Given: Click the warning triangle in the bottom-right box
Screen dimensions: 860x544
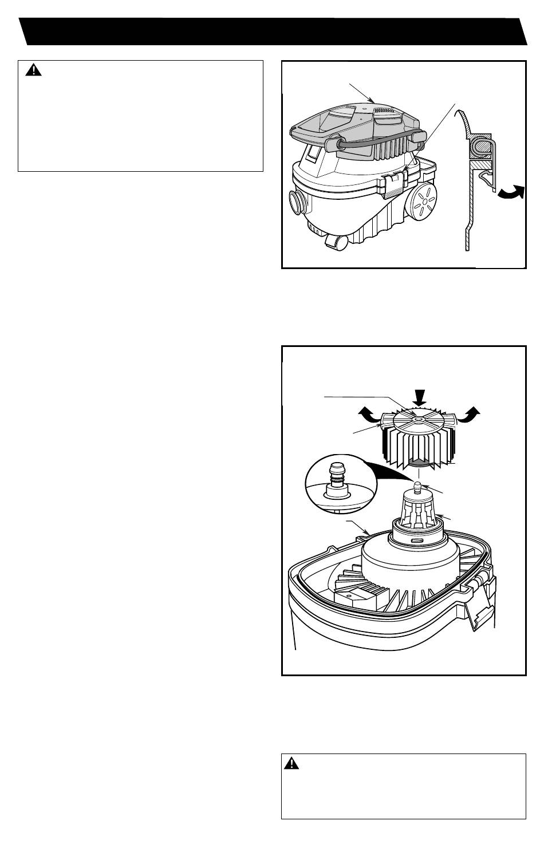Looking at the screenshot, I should pyautogui.click(x=292, y=763).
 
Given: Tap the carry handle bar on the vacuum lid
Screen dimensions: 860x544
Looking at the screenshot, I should pyautogui.click(x=375, y=141).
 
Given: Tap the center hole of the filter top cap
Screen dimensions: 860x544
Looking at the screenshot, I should pyautogui.click(x=418, y=420).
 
